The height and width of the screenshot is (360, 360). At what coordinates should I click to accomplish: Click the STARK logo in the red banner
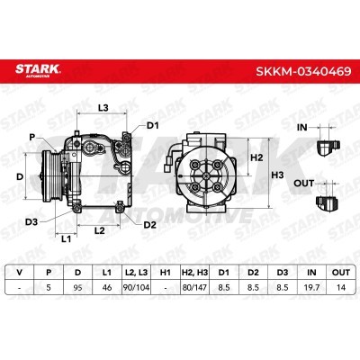[x=38, y=70]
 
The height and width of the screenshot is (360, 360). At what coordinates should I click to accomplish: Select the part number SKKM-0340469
[x=303, y=72]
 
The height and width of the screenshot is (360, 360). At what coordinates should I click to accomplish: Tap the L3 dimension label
[x=103, y=108]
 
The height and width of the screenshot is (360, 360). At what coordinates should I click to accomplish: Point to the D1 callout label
[x=152, y=125]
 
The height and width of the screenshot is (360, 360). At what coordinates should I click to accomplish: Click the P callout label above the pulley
[x=32, y=137]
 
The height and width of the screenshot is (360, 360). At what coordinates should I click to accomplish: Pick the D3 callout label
[x=31, y=222]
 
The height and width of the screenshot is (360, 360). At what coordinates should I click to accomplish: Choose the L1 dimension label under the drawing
[x=66, y=238]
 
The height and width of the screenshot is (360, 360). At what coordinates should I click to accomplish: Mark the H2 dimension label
[x=256, y=157]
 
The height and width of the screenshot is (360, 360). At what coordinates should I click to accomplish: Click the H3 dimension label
[x=277, y=175]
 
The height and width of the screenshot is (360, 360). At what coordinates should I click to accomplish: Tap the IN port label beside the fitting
[x=302, y=127]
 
